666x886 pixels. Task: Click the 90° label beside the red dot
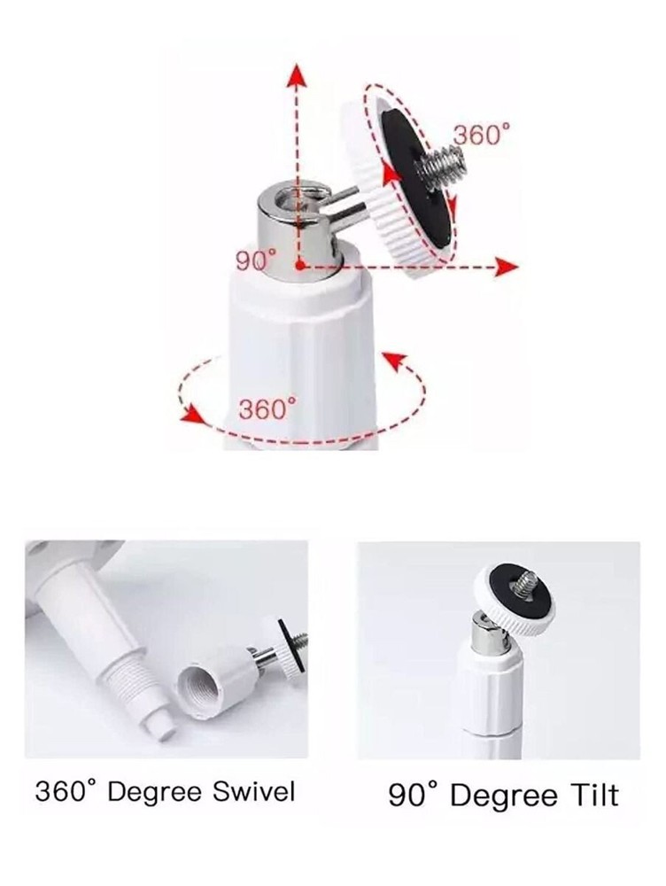257,260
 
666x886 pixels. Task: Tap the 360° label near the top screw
483,135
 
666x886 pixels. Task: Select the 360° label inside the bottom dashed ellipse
266,408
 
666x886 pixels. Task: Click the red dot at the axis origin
301,265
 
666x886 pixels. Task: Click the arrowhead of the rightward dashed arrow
507,266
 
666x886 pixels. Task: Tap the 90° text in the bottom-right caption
414,795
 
